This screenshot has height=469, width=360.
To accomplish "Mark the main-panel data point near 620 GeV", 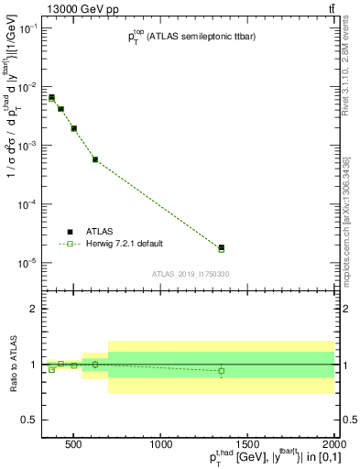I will coord(95,159).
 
